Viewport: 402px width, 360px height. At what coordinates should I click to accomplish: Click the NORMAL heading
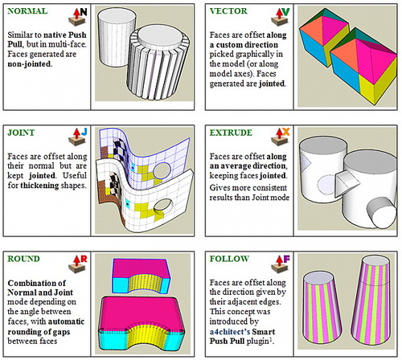pyautogui.click(x=27, y=11)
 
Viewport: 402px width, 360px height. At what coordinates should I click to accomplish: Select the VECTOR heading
pyautogui.click(x=228, y=11)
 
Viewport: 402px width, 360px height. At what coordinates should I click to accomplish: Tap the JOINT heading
pyautogui.click(x=21, y=133)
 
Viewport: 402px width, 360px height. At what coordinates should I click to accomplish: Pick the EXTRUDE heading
pyautogui.click(x=231, y=133)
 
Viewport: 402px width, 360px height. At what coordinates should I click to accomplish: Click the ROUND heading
pyautogui.click(x=23, y=259)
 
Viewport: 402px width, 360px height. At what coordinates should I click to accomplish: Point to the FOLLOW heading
pyautogui.click(x=229, y=259)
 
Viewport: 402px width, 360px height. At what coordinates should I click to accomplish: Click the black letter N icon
pyautogui.click(x=84, y=12)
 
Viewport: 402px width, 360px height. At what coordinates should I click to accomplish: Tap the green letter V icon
pyautogui.click(x=286, y=12)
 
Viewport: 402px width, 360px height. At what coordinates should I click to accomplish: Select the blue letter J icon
pyautogui.click(x=84, y=132)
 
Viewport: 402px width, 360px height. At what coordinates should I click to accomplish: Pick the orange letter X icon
pyautogui.click(x=286, y=132)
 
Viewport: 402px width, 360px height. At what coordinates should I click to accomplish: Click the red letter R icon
pyautogui.click(x=84, y=259)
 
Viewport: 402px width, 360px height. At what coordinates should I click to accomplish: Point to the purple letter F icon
pyautogui.click(x=286, y=259)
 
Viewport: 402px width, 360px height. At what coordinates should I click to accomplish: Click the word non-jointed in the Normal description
pyautogui.click(x=30, y=64)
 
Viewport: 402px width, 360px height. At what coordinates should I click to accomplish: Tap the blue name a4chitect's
pyautogui.click(x=230, y=332)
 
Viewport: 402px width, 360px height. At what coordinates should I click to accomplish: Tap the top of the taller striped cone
pyautogui.click(x=375, y=260)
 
